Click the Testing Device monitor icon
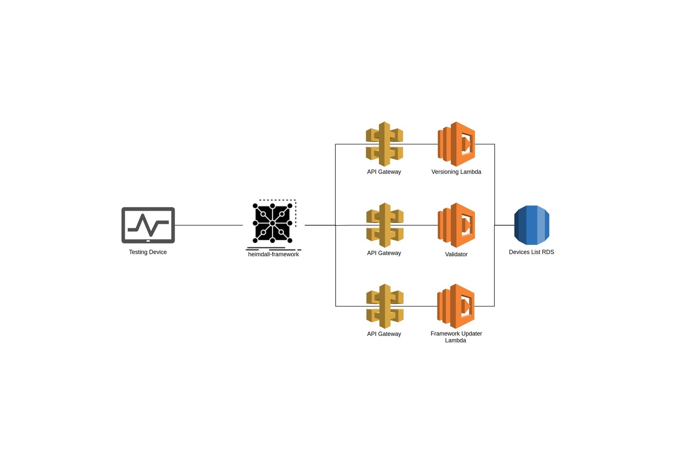pos(148,225)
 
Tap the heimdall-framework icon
pos(273,223)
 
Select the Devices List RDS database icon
pos(531,225)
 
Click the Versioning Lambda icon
pos(456,144)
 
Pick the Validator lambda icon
pos(456,225)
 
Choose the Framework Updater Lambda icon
pos(456,306)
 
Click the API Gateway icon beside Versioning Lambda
pos(384,144)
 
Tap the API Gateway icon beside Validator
pos(385,225)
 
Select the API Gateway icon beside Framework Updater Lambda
pos(385,306)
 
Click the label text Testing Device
pos(148,252)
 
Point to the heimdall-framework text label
pos(273,254)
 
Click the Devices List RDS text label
pos(531,252)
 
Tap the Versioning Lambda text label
pos(456,172)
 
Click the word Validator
pos(456,254)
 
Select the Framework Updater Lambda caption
pos(456,337)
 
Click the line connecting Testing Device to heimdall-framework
pos(209,225)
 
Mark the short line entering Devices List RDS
pos(504,225)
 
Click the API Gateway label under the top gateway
pos(384,172)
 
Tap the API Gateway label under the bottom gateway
pos(384,334)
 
